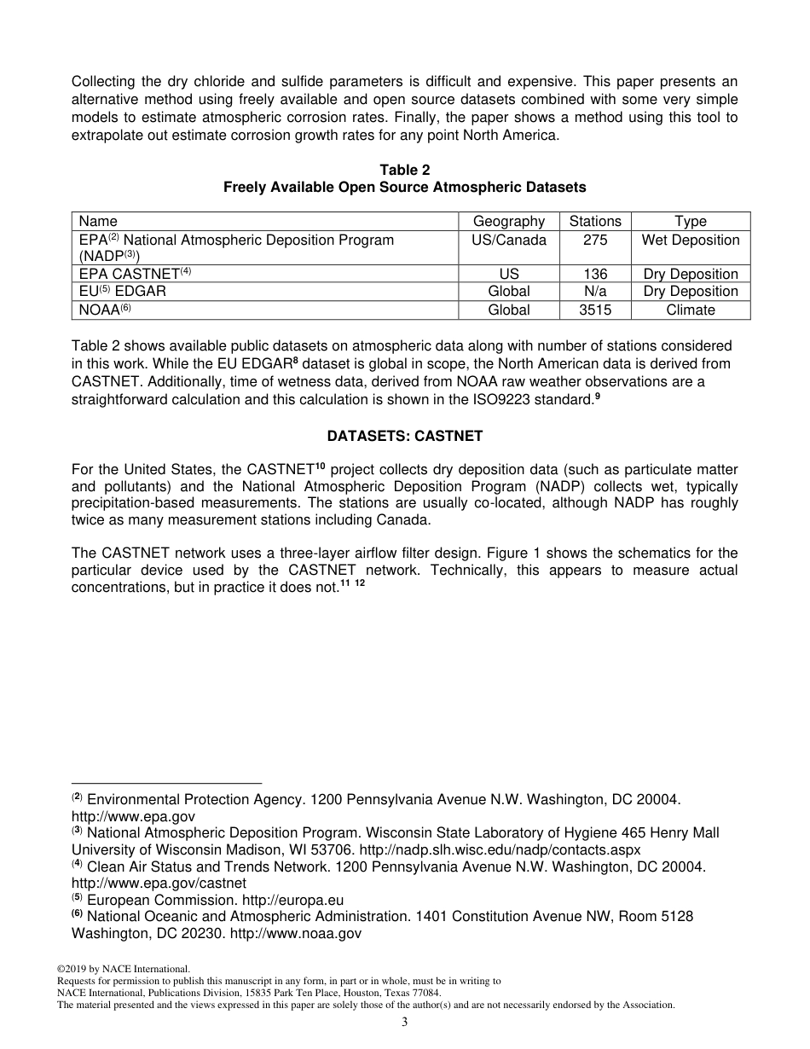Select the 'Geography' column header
508,222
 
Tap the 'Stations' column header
595,222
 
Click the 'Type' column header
690,222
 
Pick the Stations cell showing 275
595,241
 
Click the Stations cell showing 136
595,274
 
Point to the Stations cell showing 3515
595,310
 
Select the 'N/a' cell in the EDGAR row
595,292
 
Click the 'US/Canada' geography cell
508,241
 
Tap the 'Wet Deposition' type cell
690,241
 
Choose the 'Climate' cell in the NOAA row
690,310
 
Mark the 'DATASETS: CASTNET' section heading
404,436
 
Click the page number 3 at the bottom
405,1023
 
